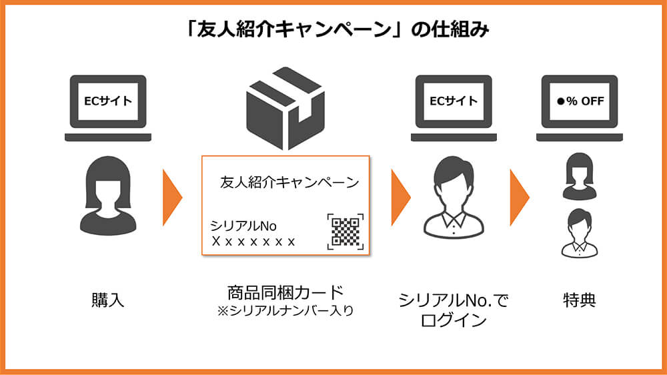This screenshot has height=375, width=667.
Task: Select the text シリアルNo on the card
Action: (x=243, y=226)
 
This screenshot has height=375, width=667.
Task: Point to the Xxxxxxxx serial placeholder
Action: (x=253, y=242)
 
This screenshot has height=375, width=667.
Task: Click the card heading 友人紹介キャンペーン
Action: (x=289, y=182)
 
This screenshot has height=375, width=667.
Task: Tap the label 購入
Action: (x=107, y=300)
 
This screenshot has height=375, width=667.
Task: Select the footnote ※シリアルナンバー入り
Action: (x=285, y=310)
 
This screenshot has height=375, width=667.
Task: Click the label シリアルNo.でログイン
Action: (x=453, y=310)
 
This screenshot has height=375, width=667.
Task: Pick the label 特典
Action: (x=578, y=300)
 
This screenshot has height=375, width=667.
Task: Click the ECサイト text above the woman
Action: (x=107, y=102)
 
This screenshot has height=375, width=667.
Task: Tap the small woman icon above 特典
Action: (x=578, y=176)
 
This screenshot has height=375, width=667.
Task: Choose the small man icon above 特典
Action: (x=578, y=233)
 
